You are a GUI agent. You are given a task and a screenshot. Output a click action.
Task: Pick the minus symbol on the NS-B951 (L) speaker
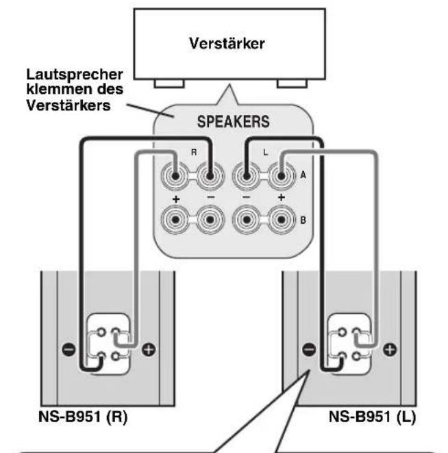[309, 349]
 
